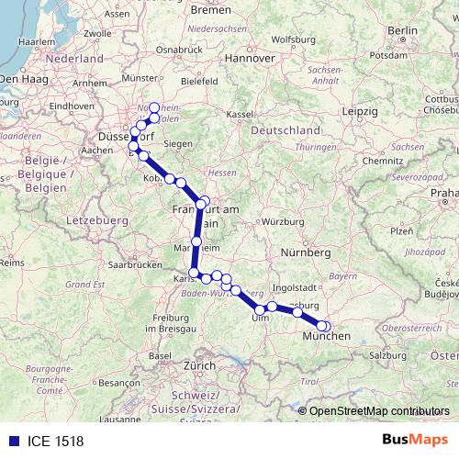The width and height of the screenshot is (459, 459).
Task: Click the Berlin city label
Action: tap(402, 30)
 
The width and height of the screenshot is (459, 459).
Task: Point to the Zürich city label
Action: tap(199, 364)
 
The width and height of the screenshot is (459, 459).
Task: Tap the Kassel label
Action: tap(239, 114)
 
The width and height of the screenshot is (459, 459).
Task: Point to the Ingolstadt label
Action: tap(316, 286)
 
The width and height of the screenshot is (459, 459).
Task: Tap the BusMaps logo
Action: tap(414, 438)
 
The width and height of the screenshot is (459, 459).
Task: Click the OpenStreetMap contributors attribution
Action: tap(379, 410)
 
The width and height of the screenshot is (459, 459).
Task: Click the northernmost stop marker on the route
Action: tap(155, 107)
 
